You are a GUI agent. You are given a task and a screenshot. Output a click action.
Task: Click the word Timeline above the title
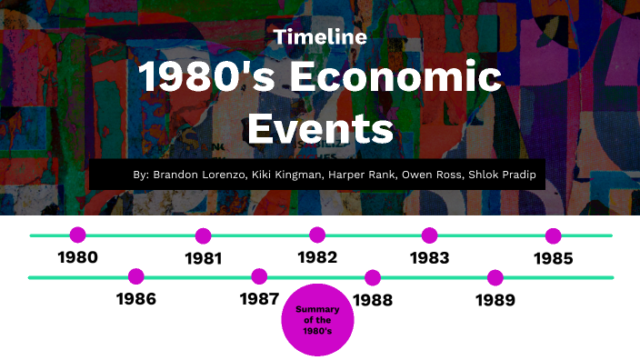click(x=320, y=37)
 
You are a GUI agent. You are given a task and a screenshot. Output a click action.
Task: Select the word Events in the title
click(x=320, y=128)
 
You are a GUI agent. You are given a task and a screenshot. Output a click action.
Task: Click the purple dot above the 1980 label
click(x=78, y=235)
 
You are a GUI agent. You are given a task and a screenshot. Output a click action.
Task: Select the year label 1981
click(x=204, y=258)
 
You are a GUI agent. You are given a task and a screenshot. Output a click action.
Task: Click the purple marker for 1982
click(x=317, y=235)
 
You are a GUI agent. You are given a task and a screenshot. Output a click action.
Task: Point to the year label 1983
click(x=429, y=258)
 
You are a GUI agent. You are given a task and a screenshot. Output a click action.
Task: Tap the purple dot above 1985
click(x=553, y=235)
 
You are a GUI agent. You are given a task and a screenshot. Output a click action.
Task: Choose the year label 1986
click(x=136, y=298)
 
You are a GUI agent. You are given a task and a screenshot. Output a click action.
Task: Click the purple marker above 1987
click(x=260, y=276)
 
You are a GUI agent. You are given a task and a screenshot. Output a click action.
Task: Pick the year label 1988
click(x=372, y=298)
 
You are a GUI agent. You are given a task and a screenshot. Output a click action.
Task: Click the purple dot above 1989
click(x=495, y=277)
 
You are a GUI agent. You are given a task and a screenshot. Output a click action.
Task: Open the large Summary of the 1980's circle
click(x=317, y=320)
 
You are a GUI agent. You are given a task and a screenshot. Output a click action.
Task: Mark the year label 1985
click(x=553, y=258)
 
